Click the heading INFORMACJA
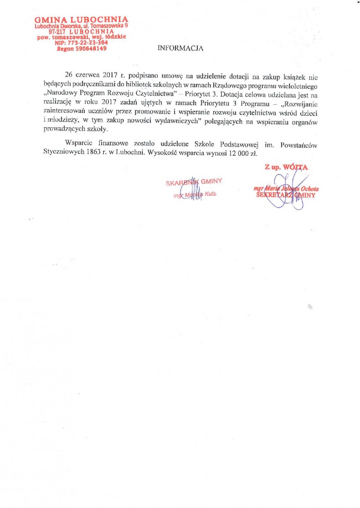[x=180, y=48]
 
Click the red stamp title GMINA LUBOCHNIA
[x=82, y=19]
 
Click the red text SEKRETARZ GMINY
[x=286, y=194]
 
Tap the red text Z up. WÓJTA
[x=286, y=167]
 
